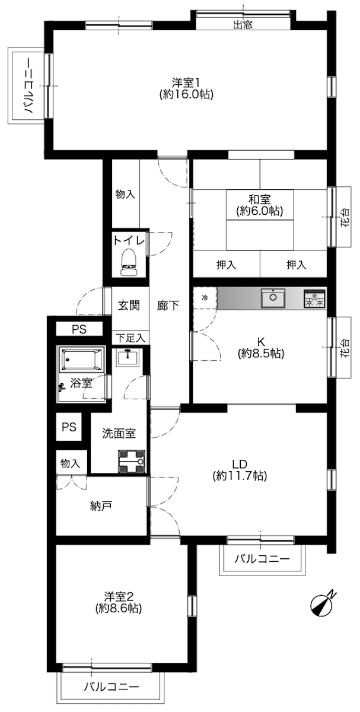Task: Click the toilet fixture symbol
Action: click(129, 262)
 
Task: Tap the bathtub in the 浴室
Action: click(81, 359)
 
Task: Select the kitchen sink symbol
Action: click(273, 298)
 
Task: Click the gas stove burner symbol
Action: click(314, 299)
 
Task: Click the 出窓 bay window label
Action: click(243, 25)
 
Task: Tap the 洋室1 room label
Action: click(186, 83)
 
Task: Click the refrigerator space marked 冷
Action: click(205, 298)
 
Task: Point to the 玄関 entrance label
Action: click(129, 306)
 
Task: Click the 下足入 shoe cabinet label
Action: click(130, 338)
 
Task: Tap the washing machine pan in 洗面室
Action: click(131, 461)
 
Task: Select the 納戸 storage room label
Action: click(100, 506)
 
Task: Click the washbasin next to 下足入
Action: click(127, 357)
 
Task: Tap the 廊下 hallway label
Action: click(168, 306)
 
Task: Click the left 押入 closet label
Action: click(226, 265)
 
